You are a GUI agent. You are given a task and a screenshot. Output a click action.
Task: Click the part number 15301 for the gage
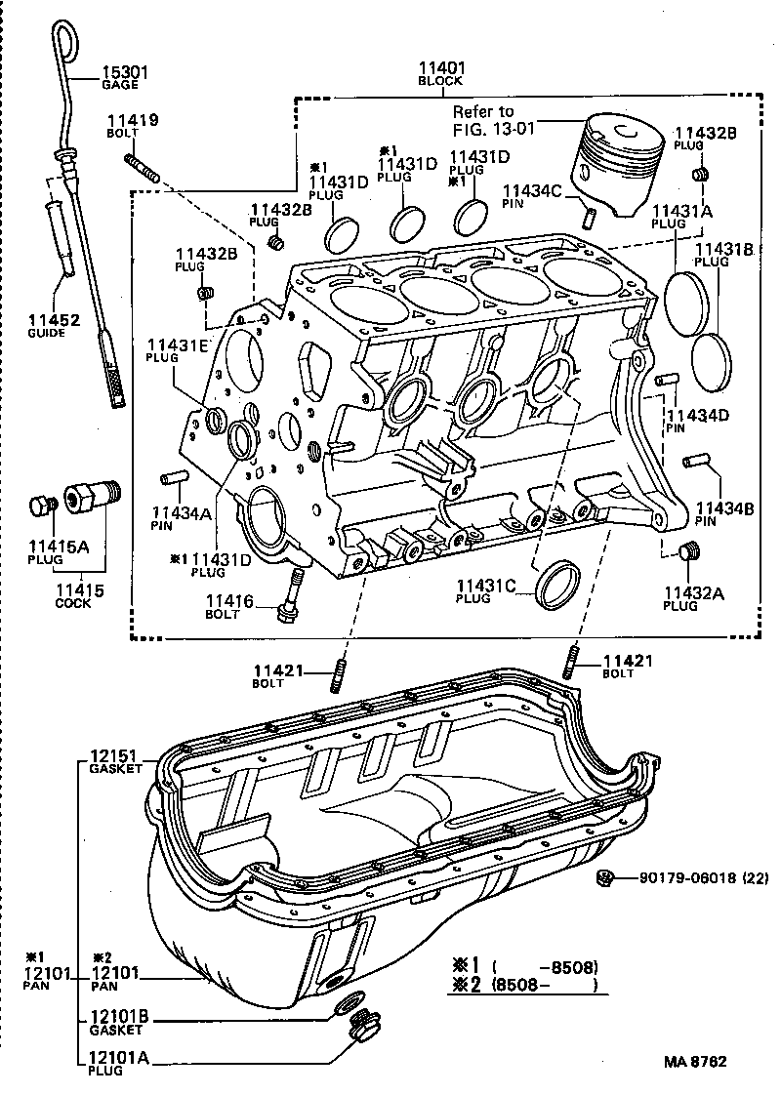(123, 71)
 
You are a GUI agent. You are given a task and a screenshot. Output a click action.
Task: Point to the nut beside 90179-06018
(604, 878)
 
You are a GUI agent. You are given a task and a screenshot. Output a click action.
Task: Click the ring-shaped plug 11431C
(558, 584)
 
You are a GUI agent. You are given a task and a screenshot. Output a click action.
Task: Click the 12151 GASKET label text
(115, 761)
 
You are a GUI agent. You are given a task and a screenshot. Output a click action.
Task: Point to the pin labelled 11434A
(174, 478)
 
